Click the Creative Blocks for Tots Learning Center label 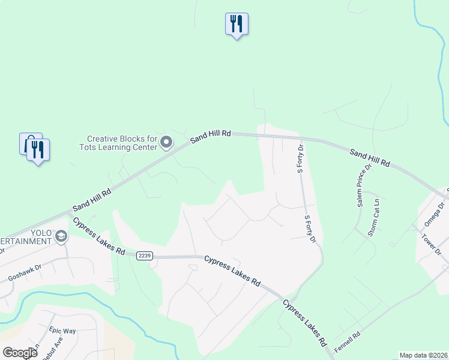pyautogui.click(x=118, y=142)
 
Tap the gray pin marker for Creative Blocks pyautogui.click(x=167, y=142)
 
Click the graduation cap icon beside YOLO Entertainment pyautogui.click(x=61, y=237)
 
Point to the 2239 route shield pyautogui.click(x=144, y=256)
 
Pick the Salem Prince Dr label pyautogui.click(x=364, y=186)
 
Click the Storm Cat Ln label pyautogui.click(x=374, y=217)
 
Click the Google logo pyautogui.click(x=20, y=353)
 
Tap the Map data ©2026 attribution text pyautogui.click(x=423, y=355)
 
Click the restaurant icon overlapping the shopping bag pyautogui.click(x=38, y=149)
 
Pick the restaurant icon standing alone pyautogui.click(x=237, y=24)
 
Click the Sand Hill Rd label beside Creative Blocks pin pyautogui.click(x=211, y=137)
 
